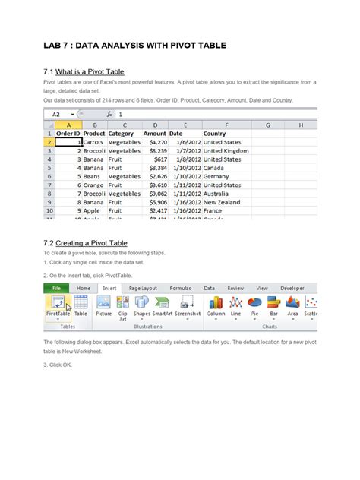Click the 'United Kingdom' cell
[x=226, y=151]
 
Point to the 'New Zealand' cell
[x=222, y=203]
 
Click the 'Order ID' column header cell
[x=69, y=134]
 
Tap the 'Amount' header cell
[x=154, y=134]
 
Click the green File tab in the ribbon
[x=56, y=289]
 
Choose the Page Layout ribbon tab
[x=143, y=289]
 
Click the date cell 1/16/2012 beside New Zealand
[x=185, y=203]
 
